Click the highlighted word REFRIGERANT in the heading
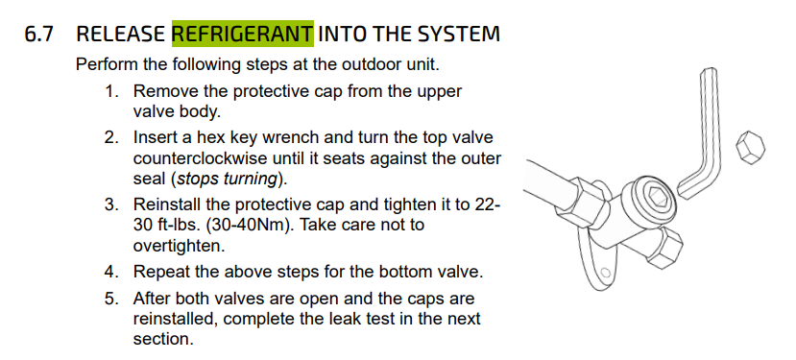click(x=243, y=34)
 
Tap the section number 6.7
click(x=39, y=34)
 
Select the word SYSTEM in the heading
click(x=458, y=34)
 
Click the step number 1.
click(x=111, y=92)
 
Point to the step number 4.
click(x=111, y=272)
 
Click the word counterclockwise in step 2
click(x=201, y=158)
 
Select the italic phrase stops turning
click(x=227, y=180)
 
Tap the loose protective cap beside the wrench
click(x=750, y=147)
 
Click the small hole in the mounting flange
click(x=605, y=272)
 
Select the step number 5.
click(x=111, y=299)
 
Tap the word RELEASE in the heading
click(x=121, y=34)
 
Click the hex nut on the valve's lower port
click(x=664, y=248)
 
